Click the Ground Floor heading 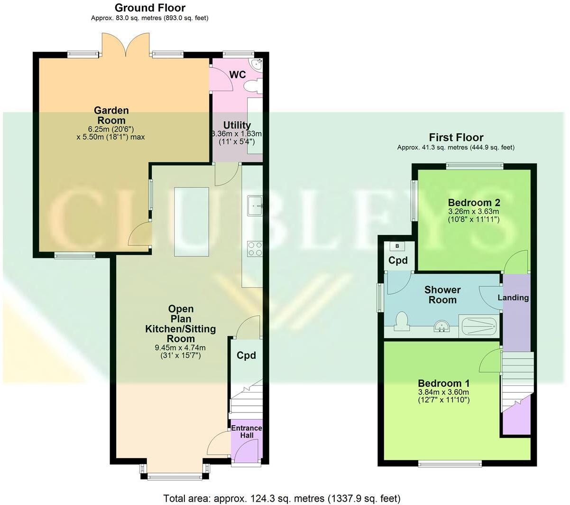(x=150, y=8)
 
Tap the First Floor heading (x=456, y=138)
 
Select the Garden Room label (x=111, y=115)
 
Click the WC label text (x=237, y=75)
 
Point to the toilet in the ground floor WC (x=252, y=86)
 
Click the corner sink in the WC (x=258, y=65)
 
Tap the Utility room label (x=237, y=125)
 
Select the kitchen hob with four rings (x=255, y=249)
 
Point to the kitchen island (x=192, y=222)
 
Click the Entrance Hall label (x=246, y=431)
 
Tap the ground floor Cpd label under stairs (x=246, y=355)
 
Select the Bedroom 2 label (x=474, y=203)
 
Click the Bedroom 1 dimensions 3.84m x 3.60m (x=443, y=392)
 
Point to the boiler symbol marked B (x=397, y=246)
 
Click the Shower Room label (x=442, y=295)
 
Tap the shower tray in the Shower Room (x=479, y=326)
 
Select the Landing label (x=513, y=298)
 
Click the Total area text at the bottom (x=282, y=498)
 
